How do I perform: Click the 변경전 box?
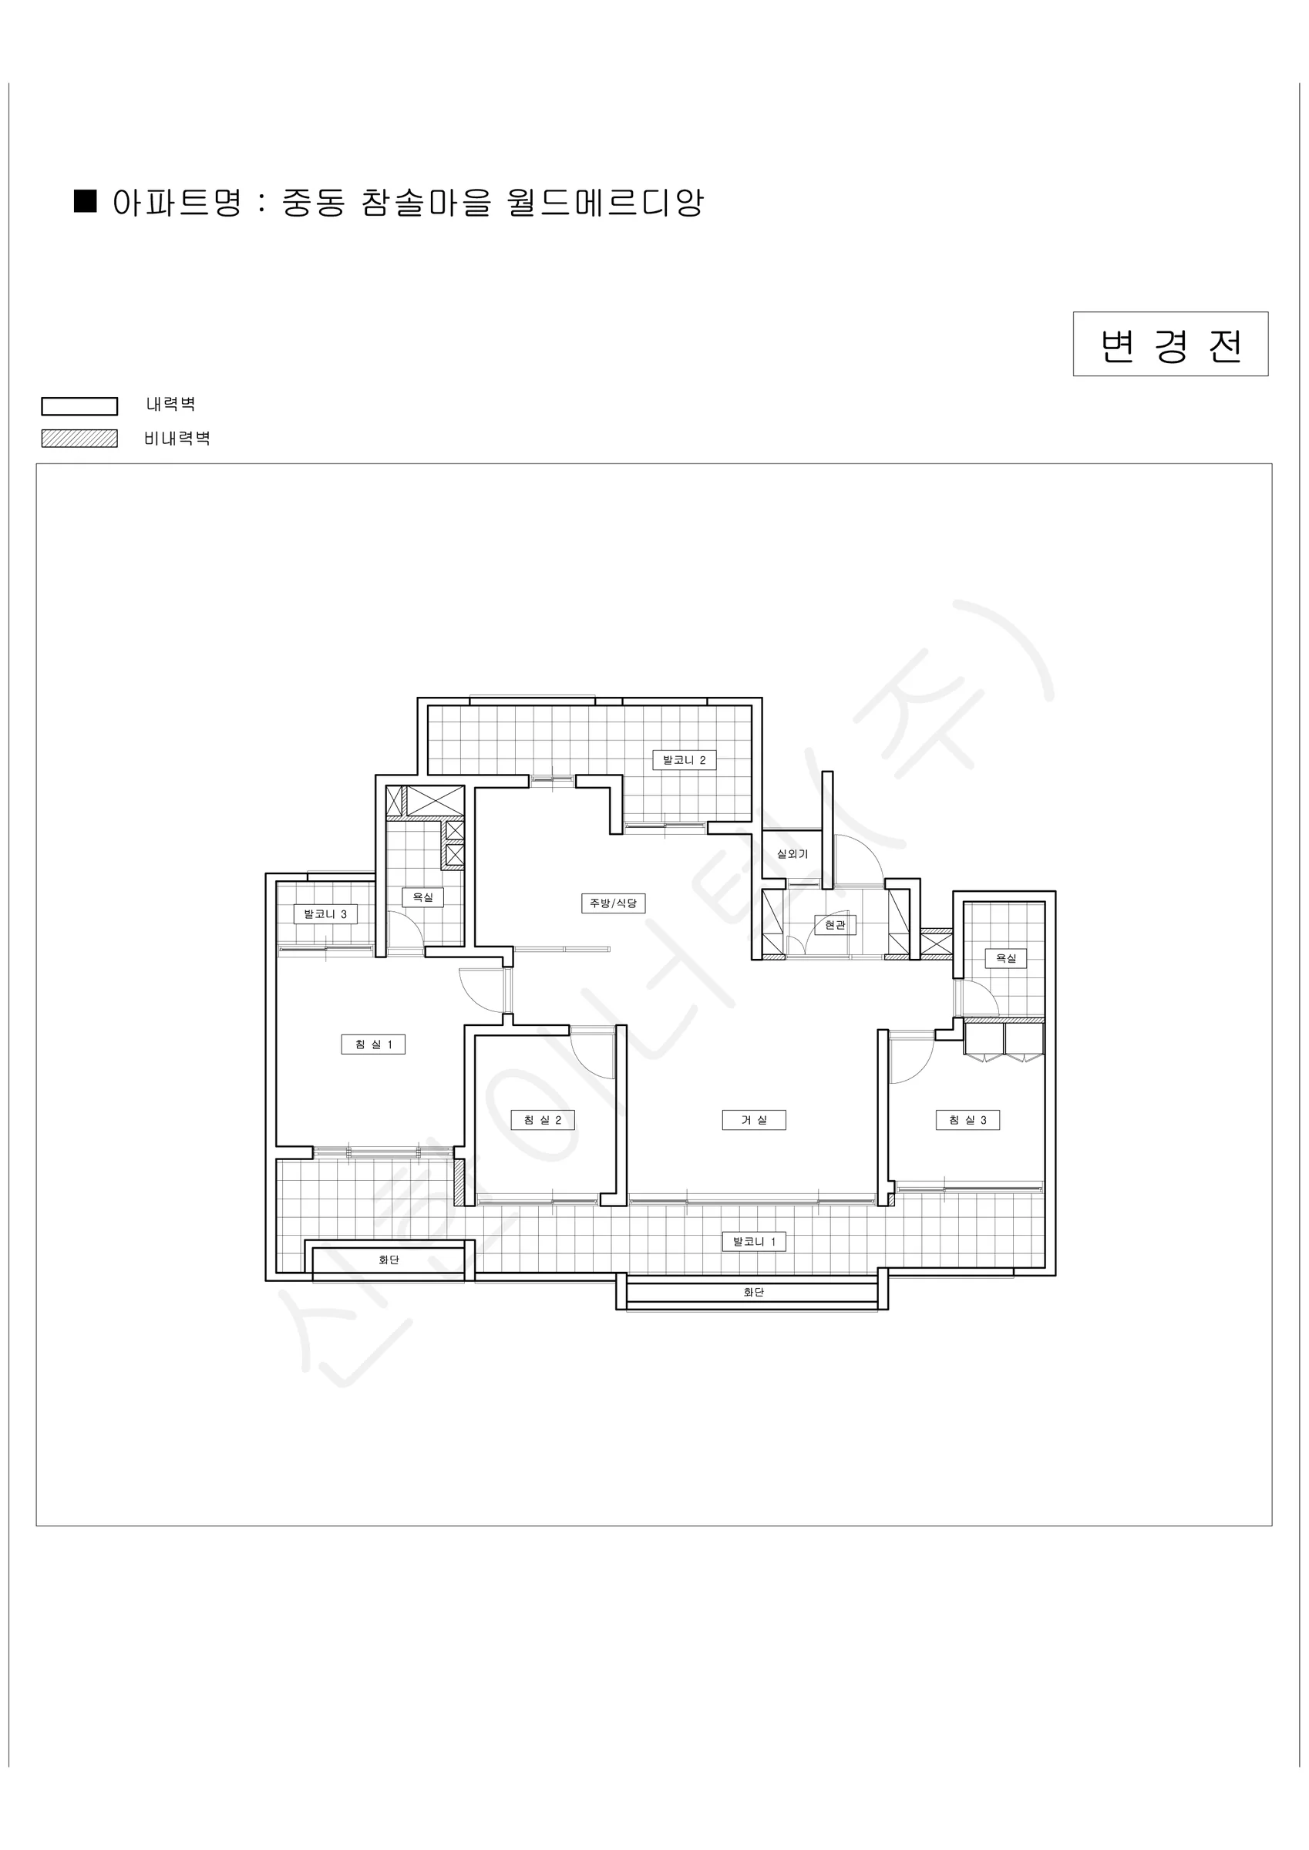point(1169,344)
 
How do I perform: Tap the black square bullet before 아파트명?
point(85,201)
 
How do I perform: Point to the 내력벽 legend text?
point(170,404)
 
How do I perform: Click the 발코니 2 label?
point(685,760)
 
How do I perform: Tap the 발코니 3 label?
point(325,913)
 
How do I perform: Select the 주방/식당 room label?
point(614,903)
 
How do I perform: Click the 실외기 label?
point(792,853)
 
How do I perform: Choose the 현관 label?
point(835,925)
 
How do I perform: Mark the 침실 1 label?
point(373,1044)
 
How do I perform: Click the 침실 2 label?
point(543,1120)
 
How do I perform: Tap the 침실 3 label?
point(967,1120)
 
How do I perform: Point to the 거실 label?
point(754,1120)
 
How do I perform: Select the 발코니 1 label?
point(754,1242)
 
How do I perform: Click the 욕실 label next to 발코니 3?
point(423,896)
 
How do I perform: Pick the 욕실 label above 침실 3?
point(1006,958)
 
